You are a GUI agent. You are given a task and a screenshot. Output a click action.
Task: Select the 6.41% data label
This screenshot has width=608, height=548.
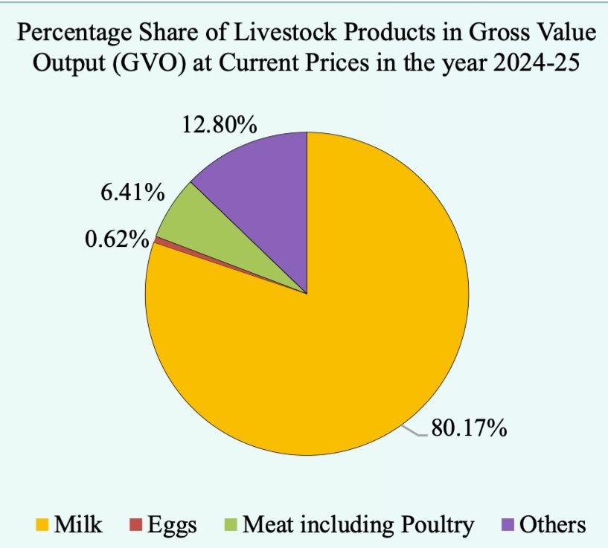tap(132, 193)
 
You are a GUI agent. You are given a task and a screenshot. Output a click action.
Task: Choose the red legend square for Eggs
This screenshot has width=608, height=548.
tap(135, 525)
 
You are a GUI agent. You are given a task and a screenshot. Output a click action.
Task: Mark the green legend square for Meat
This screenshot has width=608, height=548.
tap(231, 525)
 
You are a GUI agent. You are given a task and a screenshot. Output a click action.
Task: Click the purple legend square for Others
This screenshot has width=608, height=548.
tap(508, 525)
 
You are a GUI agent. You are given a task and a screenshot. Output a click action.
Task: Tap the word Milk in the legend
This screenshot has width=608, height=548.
tap(77, 525)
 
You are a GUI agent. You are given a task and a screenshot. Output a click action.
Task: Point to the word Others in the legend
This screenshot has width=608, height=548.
tap(554, 525)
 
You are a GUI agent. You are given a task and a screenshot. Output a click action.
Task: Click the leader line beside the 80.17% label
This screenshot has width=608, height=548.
tap(414, 430)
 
